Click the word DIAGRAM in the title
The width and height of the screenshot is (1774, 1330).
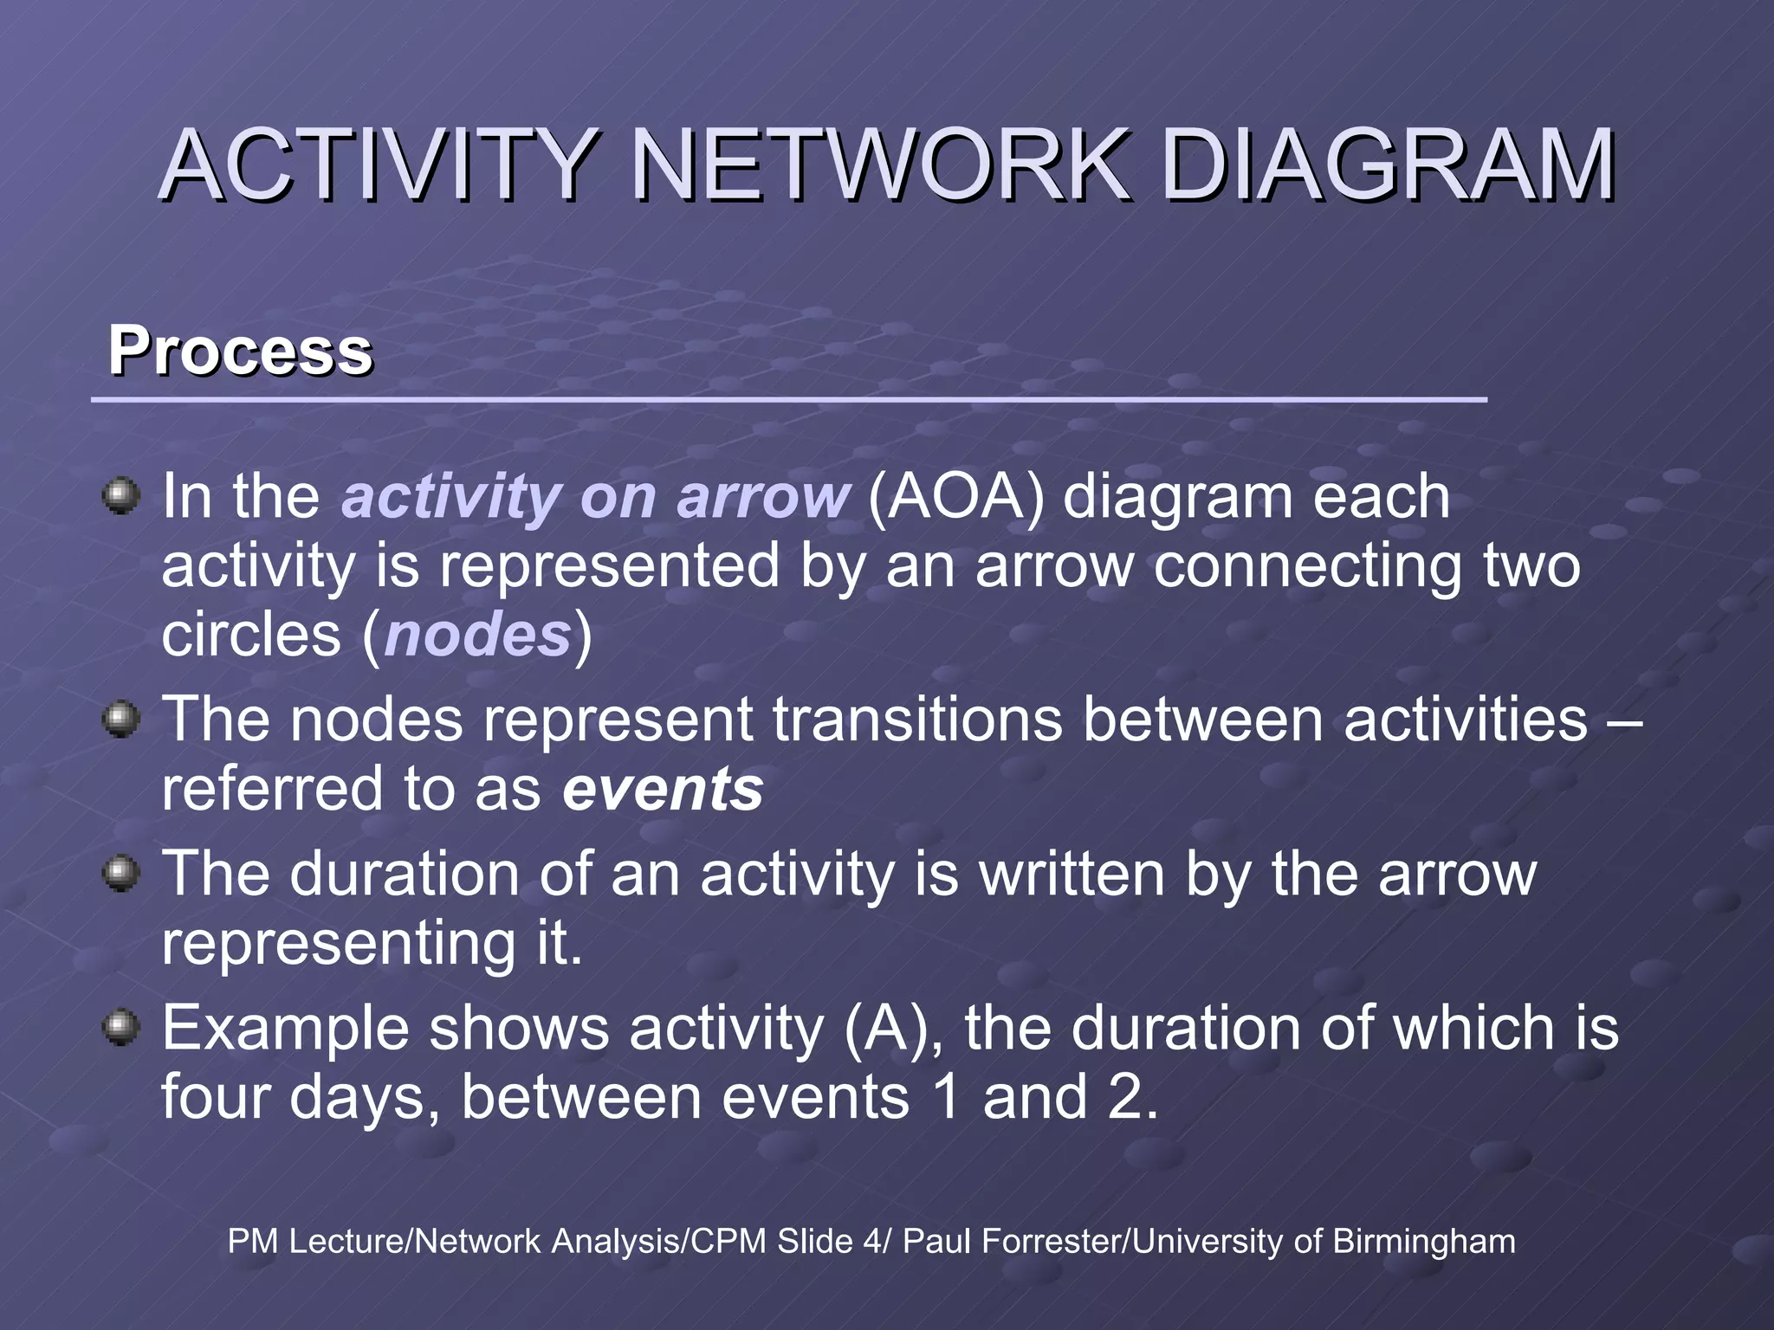[x=1386, y=165]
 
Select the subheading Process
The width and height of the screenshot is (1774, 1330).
[x=240, y=351]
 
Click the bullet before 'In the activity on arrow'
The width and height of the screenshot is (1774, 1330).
[x=121, y=496]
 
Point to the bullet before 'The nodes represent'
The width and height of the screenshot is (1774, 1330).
[x=121, y=719]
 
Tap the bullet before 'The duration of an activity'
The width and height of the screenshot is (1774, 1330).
[x=121, y=873]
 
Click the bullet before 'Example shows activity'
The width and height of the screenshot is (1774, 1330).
[x=121, y=1028]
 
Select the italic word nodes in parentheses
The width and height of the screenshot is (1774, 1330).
[x=477, y=635]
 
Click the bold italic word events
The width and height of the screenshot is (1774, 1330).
[x=663, y=789]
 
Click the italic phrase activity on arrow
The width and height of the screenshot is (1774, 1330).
[x=595, y=497]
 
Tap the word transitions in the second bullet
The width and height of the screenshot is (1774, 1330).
[x=916, y=719]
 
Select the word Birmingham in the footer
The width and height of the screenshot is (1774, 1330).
[x=1423, y=1242]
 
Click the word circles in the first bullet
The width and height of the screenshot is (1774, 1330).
[x=251, y=635]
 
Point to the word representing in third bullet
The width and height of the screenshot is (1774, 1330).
[x=339, y=943]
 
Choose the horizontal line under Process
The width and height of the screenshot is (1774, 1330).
[x=788, y=400]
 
